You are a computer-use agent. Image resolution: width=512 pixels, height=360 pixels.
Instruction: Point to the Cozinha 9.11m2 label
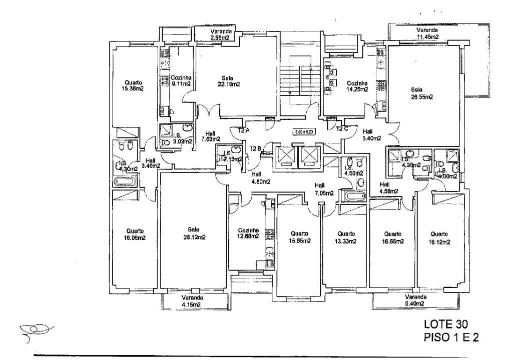181,81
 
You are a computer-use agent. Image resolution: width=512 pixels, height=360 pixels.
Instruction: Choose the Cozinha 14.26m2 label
357,86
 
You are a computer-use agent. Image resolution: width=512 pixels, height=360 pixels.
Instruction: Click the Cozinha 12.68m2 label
248,233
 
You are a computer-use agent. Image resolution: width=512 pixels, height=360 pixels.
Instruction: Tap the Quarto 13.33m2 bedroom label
346,237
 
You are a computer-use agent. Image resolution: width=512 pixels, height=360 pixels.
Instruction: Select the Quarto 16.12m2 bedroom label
439,237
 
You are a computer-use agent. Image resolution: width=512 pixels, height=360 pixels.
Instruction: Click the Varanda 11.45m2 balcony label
428,33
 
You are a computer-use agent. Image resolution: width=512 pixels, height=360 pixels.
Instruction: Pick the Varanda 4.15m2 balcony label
191,300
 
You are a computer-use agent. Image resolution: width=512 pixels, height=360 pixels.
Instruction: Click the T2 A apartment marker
244,130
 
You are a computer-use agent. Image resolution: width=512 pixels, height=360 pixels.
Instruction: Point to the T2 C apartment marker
342,128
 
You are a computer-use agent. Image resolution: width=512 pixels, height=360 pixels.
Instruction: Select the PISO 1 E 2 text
451,337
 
